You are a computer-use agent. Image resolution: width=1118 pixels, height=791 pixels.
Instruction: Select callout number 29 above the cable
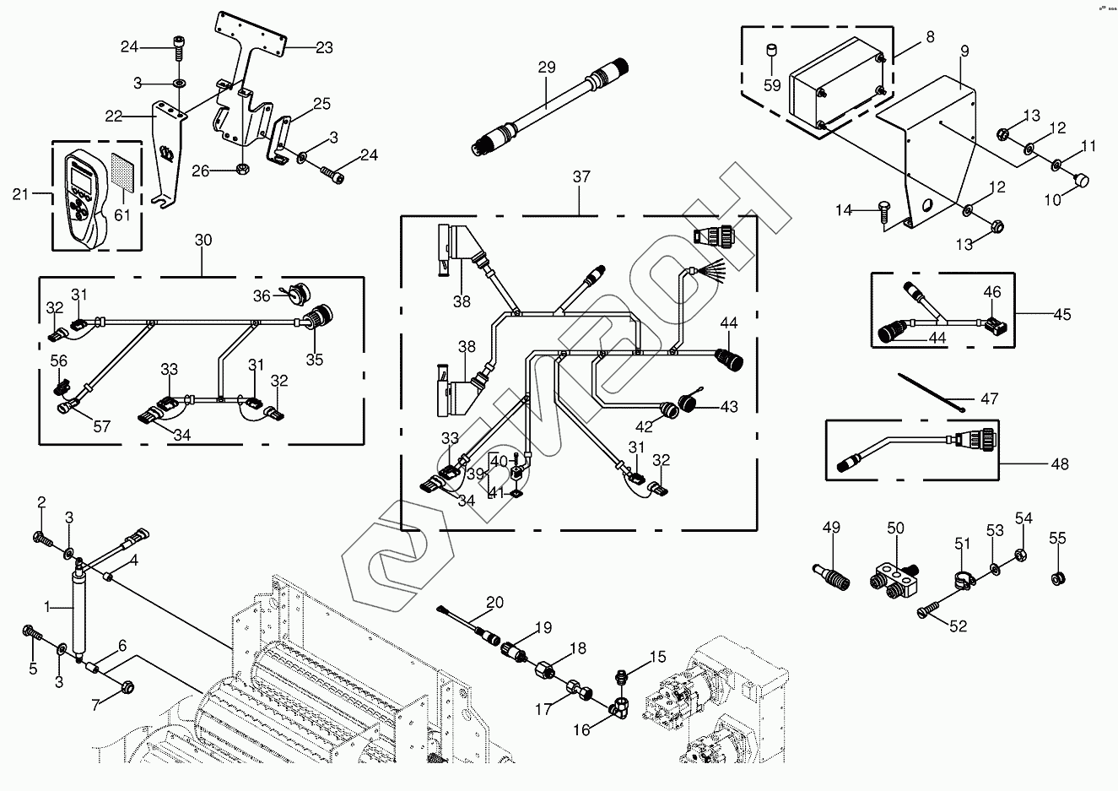(547, 67)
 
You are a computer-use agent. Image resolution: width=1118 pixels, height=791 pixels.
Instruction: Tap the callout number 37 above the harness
(581, 177)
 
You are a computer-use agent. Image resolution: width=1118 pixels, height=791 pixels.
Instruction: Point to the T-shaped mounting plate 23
(254, 51)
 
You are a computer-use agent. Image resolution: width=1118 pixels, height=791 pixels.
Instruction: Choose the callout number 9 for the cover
(964, 51)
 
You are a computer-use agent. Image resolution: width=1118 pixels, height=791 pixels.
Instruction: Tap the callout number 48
(1060, 463)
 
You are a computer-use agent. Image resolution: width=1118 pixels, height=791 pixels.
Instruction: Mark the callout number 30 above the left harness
(203, 240)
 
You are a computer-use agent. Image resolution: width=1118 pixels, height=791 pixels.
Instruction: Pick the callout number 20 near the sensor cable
(494, 602)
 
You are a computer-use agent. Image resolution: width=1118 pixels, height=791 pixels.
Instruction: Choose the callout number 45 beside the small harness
(1062, 314)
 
